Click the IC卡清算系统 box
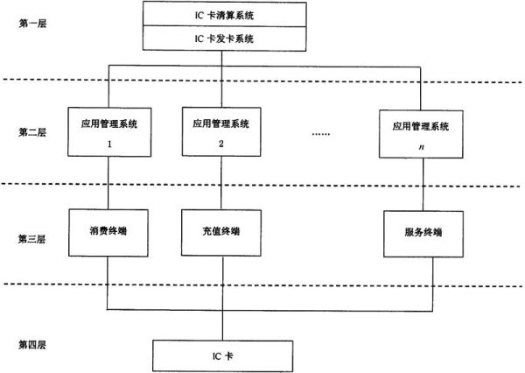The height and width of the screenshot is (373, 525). pyautogui.click(x=224, y=14)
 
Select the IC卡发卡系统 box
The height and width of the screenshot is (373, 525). pyautogui.click(x=224, y=39)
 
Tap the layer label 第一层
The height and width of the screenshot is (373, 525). pyautogui.click(x=32, y=24)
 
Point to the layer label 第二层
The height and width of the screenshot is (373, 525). pyautogui.click(x=32, y=132)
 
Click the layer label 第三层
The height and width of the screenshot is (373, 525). pyautogui.click(x=31, y=239)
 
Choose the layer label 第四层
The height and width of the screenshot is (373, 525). pyautogui.click(x=31, y=345)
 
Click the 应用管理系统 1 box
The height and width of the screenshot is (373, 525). pyautogui.click(x=109, y=132)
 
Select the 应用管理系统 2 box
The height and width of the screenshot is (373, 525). pyautogui.click(x=221, y=131)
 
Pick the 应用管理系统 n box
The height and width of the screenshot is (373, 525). pyautogui.click(x=421, y=134)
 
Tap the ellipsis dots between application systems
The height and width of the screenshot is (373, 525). pyautogui.click(x=321, y=134)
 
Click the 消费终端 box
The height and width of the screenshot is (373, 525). pyautogui.click(x=108, y=233)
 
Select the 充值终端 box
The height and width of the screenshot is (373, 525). pyautogui.click(x=221, y=233)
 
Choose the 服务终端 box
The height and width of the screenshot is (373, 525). pyautogui.click(x=423, y=234)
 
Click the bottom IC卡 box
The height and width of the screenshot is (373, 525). pyautogui.click(x=222, y=355)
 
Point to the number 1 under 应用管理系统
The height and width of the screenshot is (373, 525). pyautogui.click(x=109, y=144)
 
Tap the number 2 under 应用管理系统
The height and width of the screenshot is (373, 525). pyautogui.click(x=221, y=144)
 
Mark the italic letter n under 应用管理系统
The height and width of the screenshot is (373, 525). pyautogui.click(x=421, y=147)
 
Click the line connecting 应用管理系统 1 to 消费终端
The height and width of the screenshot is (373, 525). pyautogui.click(x=108, y=183)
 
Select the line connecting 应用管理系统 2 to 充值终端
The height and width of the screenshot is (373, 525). pyautogui.click(x=221, y=183)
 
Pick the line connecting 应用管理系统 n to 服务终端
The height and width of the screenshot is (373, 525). pyautogui.click(x=423, y=185)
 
